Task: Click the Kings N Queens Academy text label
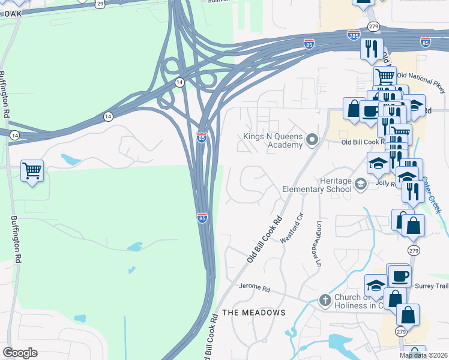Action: click(x=273, y=140)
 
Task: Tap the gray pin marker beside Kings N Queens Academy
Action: click(x=312, y=140)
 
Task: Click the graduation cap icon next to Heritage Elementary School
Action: click(x=360, y=184)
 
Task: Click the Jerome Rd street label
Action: click(x=255, y=288)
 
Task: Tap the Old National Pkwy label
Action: click(x=422, y=83)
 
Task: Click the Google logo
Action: click(x=20, y=353)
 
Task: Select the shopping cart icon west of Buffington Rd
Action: click(x=32, y=170)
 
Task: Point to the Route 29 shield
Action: click(x=100, y=4)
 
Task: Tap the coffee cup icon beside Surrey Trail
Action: click(x=400, y=275)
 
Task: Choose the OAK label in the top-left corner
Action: click(x=11, y=13)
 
